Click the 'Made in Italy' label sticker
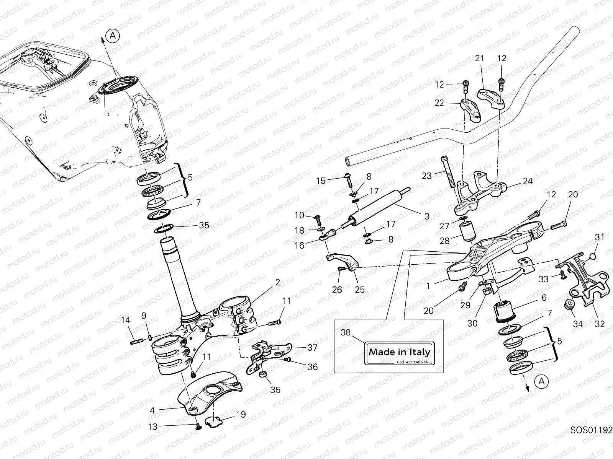[399, 352]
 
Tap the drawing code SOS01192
[592, 430]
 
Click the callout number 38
[346, 332]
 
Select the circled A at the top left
[113, 36]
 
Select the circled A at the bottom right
[541, 381]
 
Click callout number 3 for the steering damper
[427, 216]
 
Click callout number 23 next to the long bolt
[426, 176]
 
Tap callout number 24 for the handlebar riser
[528, 181]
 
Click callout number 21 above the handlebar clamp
[480, 59]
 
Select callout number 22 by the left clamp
[439, 103]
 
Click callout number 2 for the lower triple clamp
[277, 282]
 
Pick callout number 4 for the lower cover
[152, 410]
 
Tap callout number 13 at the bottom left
[152, 426]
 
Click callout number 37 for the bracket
[312, 347]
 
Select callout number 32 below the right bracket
[600, 324]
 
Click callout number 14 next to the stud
[125, 320]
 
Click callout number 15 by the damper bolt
[320, 181]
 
